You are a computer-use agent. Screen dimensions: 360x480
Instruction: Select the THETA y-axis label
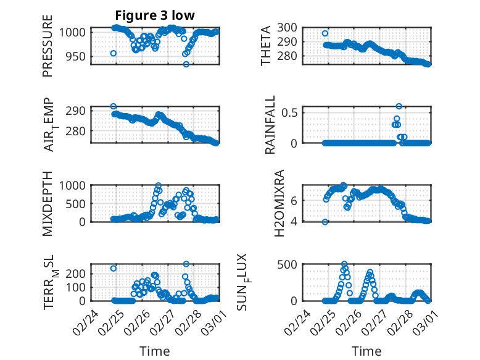[266, 45]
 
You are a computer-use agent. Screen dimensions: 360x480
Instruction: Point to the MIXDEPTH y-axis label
[48, 203]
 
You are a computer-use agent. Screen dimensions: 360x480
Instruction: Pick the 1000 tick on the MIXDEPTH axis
[77, 185]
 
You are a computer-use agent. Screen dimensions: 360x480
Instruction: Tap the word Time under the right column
[366, 351]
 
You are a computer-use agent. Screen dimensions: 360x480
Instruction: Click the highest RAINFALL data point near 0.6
[399, 106]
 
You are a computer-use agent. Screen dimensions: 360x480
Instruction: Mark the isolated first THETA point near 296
[325, 33]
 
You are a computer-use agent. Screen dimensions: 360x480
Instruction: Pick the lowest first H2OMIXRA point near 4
[325, 222]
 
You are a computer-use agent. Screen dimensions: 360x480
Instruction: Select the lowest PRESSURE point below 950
[186, 64]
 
